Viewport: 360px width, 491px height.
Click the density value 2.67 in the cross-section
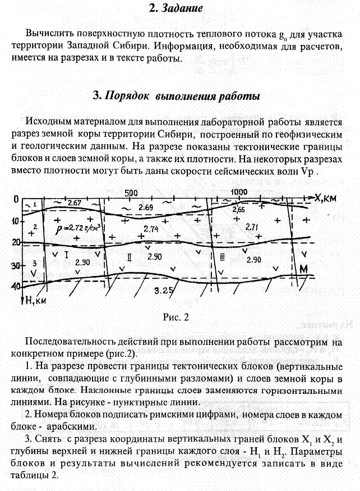tap(75, 203)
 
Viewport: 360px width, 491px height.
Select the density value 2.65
tap(238, 209)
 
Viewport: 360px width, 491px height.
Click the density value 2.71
tap(252, 228)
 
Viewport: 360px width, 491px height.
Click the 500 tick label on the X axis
tap(131, 192)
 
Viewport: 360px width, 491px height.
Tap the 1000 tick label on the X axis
tap(239, 191)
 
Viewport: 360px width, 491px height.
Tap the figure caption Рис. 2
tap(176, 318)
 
